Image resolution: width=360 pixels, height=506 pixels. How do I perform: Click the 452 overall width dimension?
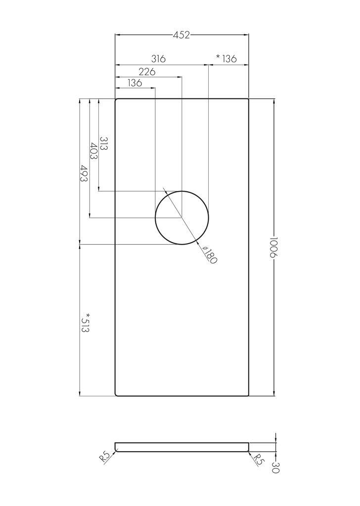point(181,35)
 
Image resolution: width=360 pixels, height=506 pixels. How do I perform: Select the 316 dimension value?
point(158,59)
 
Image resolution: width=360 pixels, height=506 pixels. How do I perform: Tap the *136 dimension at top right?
point(227,59)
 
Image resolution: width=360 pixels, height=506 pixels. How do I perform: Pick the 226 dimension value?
point(147,72)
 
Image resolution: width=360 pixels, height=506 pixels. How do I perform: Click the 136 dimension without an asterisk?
point(135,83)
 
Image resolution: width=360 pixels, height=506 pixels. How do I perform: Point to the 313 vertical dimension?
point(104,144)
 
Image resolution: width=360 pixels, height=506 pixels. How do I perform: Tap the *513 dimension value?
point(85,323)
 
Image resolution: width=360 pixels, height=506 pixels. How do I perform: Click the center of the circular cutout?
point(182,217)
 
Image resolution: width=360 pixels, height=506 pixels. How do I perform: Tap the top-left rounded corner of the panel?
point(117,100)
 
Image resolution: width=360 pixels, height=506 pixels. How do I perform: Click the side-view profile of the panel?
point(182,447)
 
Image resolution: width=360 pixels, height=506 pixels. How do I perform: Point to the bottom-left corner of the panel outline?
point(117,394)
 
